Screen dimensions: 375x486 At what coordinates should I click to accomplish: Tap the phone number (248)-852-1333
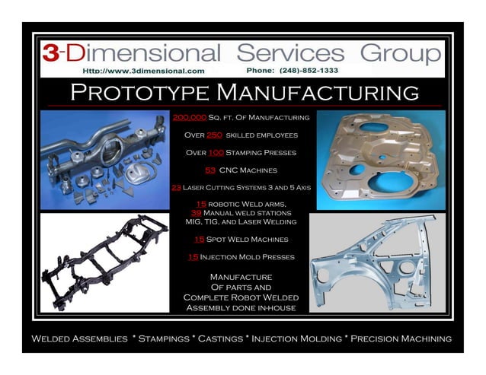tap(293, 71)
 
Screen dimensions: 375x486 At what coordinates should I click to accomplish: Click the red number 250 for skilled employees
tap(215, 135)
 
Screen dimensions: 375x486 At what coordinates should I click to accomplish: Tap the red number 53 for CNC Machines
tap(211, 170)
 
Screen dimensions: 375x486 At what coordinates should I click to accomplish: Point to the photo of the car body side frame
tap(381, 262)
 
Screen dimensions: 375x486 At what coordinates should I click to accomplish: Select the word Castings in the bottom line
tap(220, 338)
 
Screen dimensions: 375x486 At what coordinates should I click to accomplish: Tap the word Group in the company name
tap(401, 53)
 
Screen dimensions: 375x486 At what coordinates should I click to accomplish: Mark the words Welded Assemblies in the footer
tap(79, 338)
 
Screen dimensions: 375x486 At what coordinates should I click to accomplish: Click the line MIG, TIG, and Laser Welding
tap(241, 222)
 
